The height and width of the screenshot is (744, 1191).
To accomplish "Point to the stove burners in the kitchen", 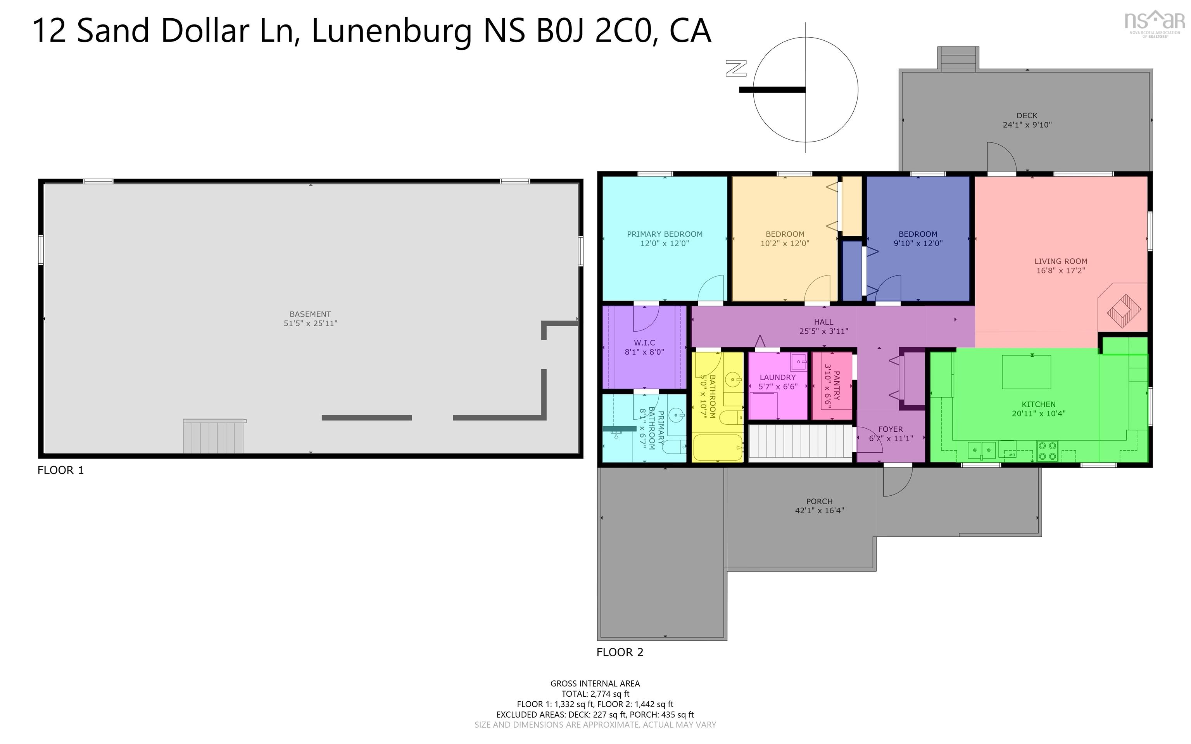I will tap(1047, 451).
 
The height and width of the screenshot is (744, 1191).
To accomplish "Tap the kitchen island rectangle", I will tap(1026, 372).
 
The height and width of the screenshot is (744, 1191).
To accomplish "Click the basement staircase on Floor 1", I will tap(213, 436).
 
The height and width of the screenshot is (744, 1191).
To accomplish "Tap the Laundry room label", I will tap(777, 377).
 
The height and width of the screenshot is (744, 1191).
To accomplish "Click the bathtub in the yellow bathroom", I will tap(717, 447).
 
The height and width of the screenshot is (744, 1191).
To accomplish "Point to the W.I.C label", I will tap(644, 343).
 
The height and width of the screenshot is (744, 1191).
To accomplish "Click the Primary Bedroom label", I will tap(665, 234).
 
